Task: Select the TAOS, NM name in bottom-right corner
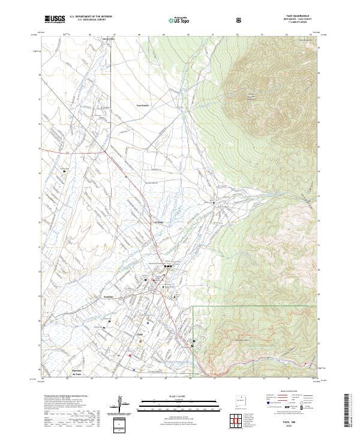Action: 302,423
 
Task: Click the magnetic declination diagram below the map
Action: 121,403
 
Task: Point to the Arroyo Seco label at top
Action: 108,39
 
